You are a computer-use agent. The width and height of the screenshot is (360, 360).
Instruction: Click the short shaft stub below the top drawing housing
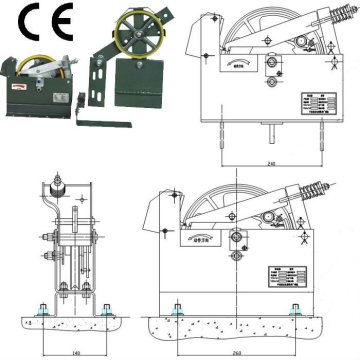click(x=273, y=127)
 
